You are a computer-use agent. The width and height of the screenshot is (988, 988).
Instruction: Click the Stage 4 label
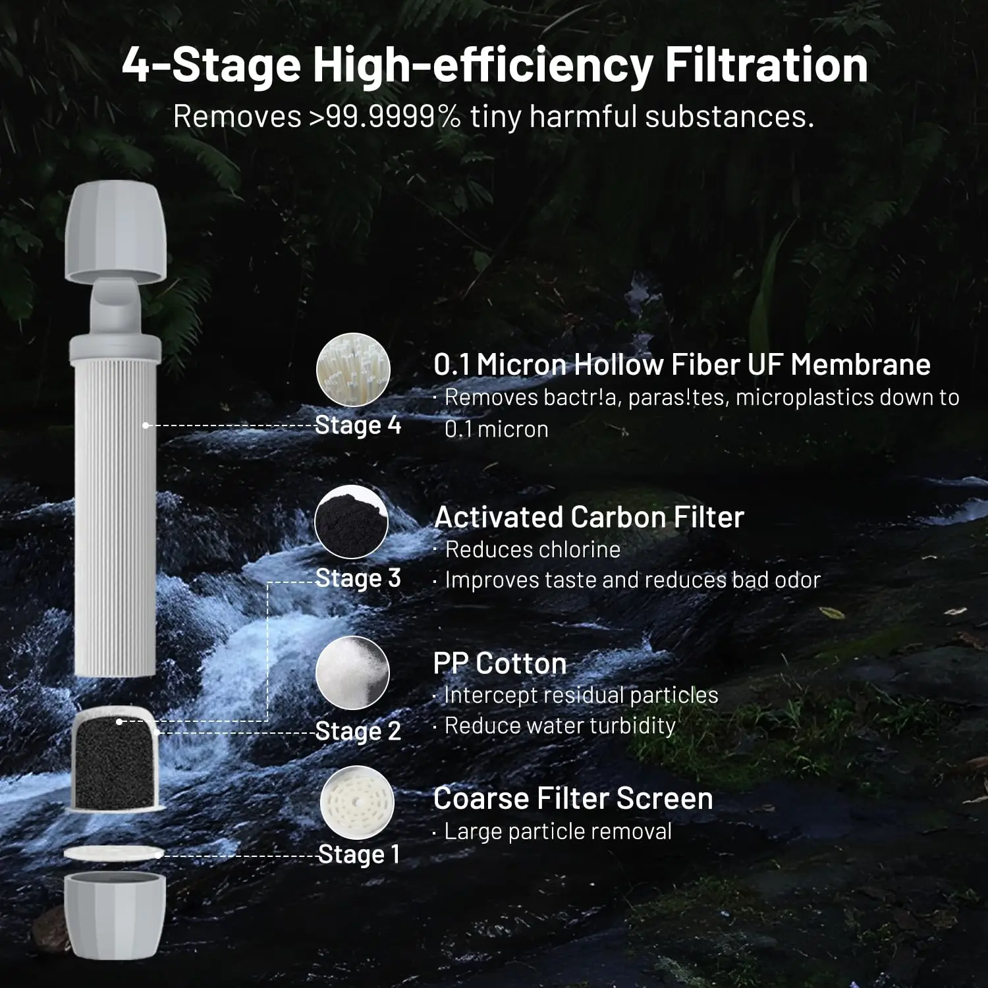[x=358, y=425]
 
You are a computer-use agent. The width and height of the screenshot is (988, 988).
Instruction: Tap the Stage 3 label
[x=358, y=578]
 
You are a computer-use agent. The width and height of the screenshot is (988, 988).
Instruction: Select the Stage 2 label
[x=358, y=730]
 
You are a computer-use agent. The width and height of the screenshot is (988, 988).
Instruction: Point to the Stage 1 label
[x=358, y=854]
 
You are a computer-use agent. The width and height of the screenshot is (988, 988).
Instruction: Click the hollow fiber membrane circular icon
[x=353, y=370]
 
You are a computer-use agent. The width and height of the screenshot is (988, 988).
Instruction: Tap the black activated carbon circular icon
[x=351, y=522]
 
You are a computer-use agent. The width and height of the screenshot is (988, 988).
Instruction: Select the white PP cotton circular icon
[x=352, y=673]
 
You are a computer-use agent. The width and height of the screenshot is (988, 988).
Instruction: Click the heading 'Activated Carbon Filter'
[x=589, y=517]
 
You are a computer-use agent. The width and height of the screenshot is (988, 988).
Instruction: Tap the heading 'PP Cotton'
[x=500, y=663]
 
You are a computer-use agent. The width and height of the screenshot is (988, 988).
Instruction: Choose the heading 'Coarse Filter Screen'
[x=573, y=798]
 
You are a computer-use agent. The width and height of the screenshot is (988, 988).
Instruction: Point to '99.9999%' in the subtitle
[x=393, y=117]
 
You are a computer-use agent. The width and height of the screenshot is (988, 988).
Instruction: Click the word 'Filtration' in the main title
[x=766, y=65]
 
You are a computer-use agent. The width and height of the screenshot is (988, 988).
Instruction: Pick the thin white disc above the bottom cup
[x=113, y=854]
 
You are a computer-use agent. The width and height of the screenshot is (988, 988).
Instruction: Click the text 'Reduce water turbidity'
[x=560, y=726]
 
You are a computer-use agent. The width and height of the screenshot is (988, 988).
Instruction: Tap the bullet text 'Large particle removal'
[x=558, y=831]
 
